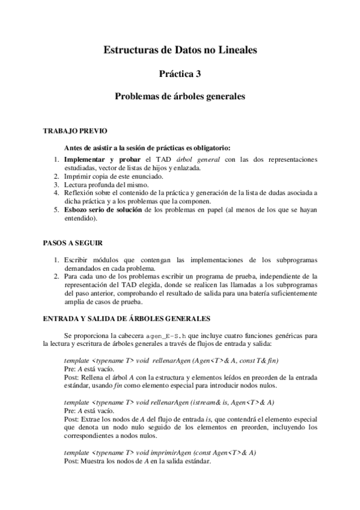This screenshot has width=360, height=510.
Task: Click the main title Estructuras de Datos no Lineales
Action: [180, 52]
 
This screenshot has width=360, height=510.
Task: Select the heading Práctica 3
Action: [180, 74]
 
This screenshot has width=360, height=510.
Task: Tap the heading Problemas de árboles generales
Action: [180, 96]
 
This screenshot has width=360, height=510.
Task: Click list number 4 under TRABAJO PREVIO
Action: [55, 193]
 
